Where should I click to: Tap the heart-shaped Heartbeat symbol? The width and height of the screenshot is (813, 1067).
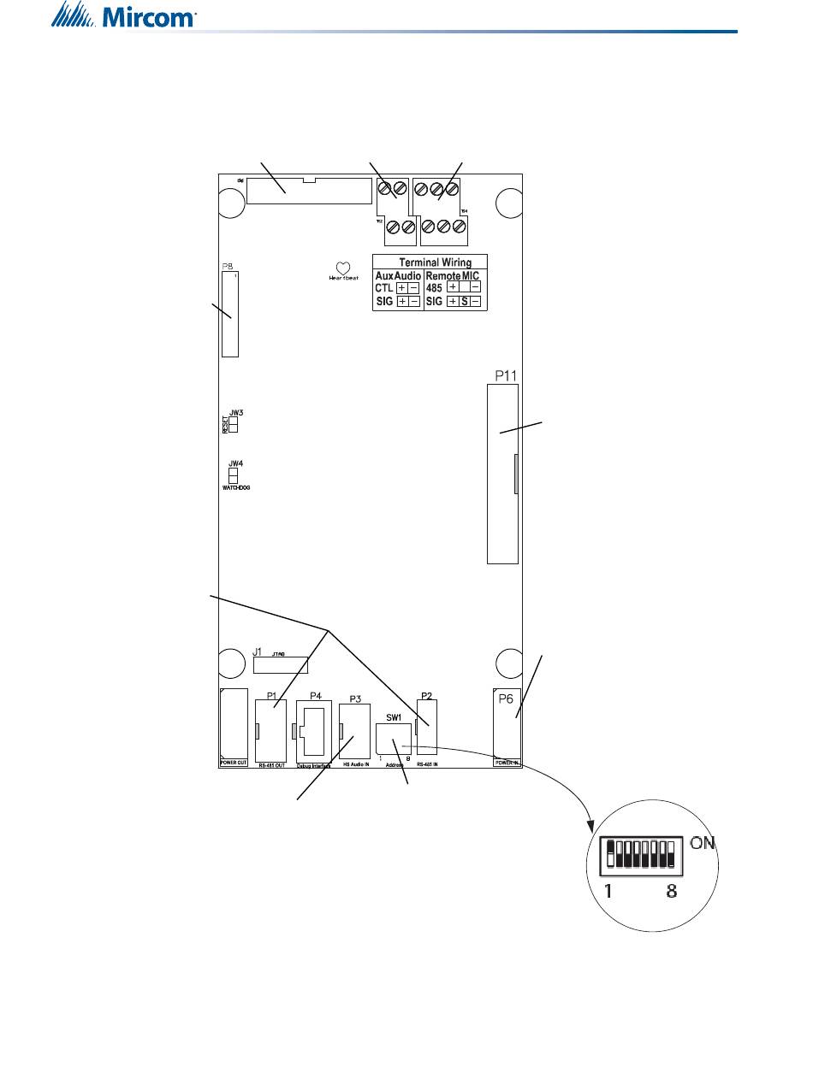coord(342,268)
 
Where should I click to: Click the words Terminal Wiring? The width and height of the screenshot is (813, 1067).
coord(430,262)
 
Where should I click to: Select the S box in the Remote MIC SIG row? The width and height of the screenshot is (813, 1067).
coord(465,302)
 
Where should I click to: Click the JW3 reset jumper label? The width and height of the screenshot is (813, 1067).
coord(236,412)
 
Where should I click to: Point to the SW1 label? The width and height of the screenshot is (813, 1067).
coord(394,718)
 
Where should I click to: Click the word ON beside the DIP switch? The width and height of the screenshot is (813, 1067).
coord(703,843)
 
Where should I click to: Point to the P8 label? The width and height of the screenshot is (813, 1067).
coord(228,267)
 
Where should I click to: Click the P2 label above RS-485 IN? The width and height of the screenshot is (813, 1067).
coord(426,695)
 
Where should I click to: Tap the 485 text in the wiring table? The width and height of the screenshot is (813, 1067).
coord(436,289)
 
